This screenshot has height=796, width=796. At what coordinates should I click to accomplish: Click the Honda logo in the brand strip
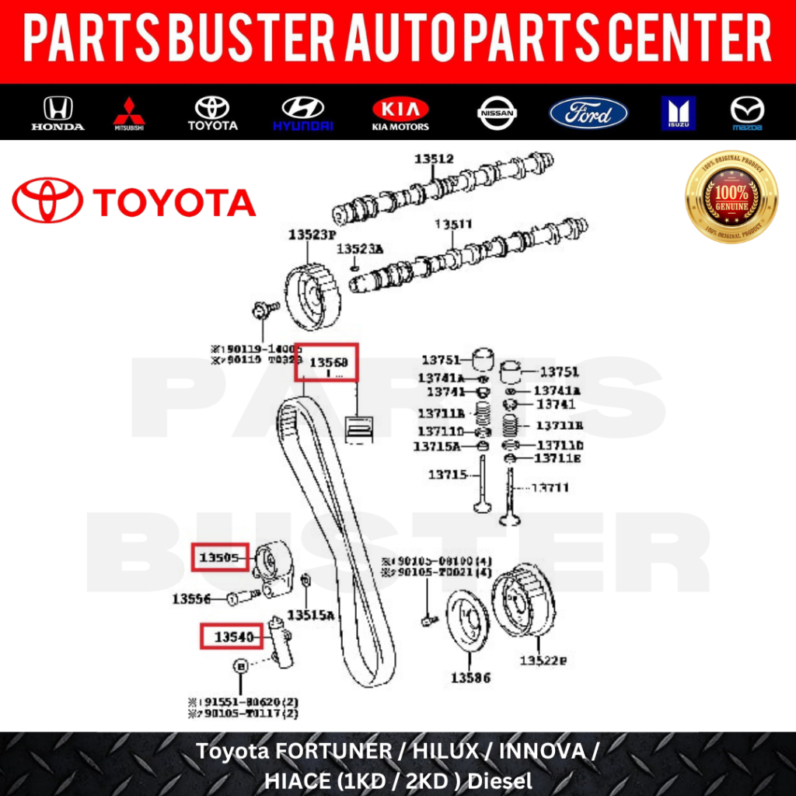pos(58,113)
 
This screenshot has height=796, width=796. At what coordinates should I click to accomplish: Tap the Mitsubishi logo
pos(129,113)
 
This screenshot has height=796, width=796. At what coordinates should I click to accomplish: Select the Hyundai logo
pos(302,113)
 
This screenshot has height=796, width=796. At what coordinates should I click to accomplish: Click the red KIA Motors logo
pos(400,113)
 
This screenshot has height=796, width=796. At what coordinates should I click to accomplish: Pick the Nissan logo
pos(497,113)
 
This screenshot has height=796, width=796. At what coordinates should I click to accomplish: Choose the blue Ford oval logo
pos(588,113)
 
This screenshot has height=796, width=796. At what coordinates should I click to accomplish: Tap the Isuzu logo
pos(678,113)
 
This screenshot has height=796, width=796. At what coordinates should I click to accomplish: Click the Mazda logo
pos(747,113)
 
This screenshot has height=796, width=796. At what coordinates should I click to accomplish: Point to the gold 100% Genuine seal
pos(731,197)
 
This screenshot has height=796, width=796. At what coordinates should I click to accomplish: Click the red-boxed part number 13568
pos(327,361)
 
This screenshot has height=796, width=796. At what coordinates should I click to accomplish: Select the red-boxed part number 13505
pos(220,557)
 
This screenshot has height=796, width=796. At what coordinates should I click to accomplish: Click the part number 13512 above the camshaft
pos(434,159)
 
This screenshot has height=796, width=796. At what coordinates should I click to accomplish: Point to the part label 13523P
pos(312,233)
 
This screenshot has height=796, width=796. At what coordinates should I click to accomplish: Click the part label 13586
pos(470,678)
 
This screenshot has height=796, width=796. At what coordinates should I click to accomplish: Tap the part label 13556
pos(192,599)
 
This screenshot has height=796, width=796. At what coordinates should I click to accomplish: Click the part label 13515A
pos(310,615)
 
